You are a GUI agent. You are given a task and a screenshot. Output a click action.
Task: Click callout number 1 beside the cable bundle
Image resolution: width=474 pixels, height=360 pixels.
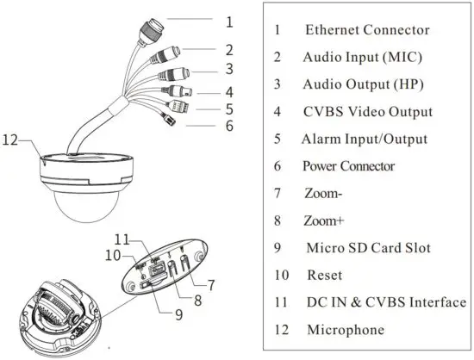click(229, 21)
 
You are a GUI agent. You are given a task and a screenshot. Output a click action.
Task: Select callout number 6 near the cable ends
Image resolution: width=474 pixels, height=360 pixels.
click(229, 126)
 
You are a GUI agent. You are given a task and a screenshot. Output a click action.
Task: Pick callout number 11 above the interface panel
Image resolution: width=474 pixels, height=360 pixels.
click(123, 239)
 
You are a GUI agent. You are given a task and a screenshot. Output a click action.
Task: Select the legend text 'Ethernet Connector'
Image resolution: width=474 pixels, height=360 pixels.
click(366, 30)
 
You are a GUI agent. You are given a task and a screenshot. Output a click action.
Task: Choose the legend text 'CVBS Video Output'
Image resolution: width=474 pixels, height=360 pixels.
click(367, 112)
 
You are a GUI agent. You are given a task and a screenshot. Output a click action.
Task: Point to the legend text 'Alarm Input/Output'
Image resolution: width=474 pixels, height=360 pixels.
click(365, 139)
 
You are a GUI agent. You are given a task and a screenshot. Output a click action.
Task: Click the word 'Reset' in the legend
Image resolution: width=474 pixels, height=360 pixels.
click(324, 276)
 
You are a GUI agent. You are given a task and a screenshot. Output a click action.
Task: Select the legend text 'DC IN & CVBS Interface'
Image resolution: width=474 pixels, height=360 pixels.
click(385, 302)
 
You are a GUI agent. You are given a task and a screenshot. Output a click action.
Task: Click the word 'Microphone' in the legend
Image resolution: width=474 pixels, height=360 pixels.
click(346, 330)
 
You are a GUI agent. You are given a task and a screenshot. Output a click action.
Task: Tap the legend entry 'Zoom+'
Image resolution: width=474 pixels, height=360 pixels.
click(324, 221)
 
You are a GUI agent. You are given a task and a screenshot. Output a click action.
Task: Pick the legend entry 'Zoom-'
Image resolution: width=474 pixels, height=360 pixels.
click(322, 194)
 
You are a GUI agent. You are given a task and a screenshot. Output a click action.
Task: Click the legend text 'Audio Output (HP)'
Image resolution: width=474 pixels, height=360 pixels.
click(363, 84)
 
